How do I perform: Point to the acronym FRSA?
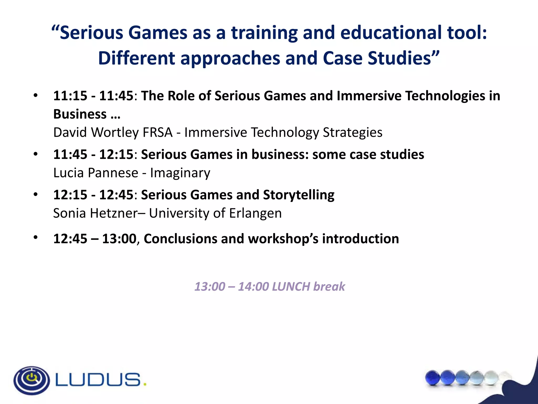(x=157, y=132)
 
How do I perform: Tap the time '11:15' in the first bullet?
(x=70, y=95)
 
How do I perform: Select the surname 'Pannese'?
(x=113, y=173)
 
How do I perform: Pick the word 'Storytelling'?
(x=299, y=195)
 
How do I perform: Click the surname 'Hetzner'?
(x=114, y=213)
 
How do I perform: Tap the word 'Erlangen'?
(x=255, y=214)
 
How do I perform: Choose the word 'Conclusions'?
(x=180, y=239)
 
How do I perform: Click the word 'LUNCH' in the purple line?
(x=291, y=286)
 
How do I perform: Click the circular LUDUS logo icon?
(x=32, y=380)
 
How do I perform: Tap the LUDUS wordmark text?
(x=98, y=380)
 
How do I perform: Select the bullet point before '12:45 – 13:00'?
(x=36, y=238)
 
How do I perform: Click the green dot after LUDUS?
(x=145, y=385)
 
